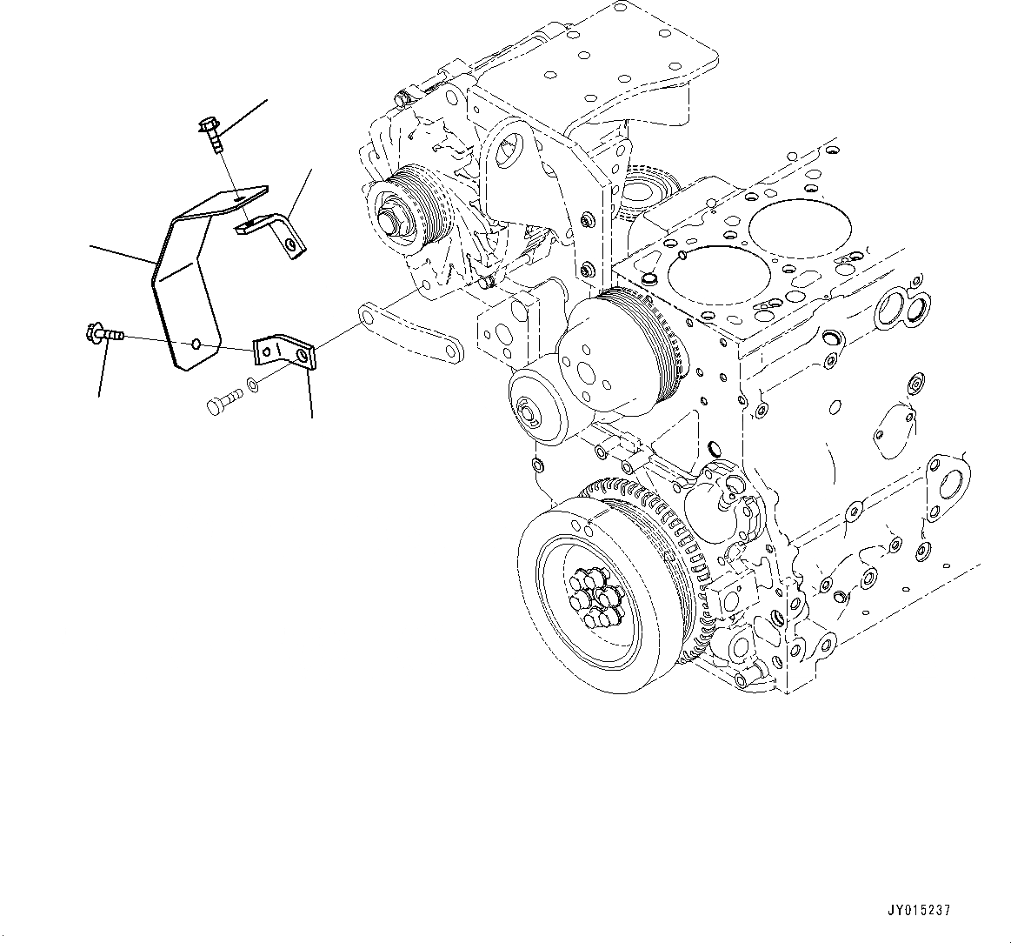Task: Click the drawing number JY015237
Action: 918,911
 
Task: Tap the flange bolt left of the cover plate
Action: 103,333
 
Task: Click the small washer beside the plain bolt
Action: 251,384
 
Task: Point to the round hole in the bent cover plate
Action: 197,344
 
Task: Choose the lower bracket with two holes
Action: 283,352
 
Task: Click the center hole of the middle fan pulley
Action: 603,351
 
